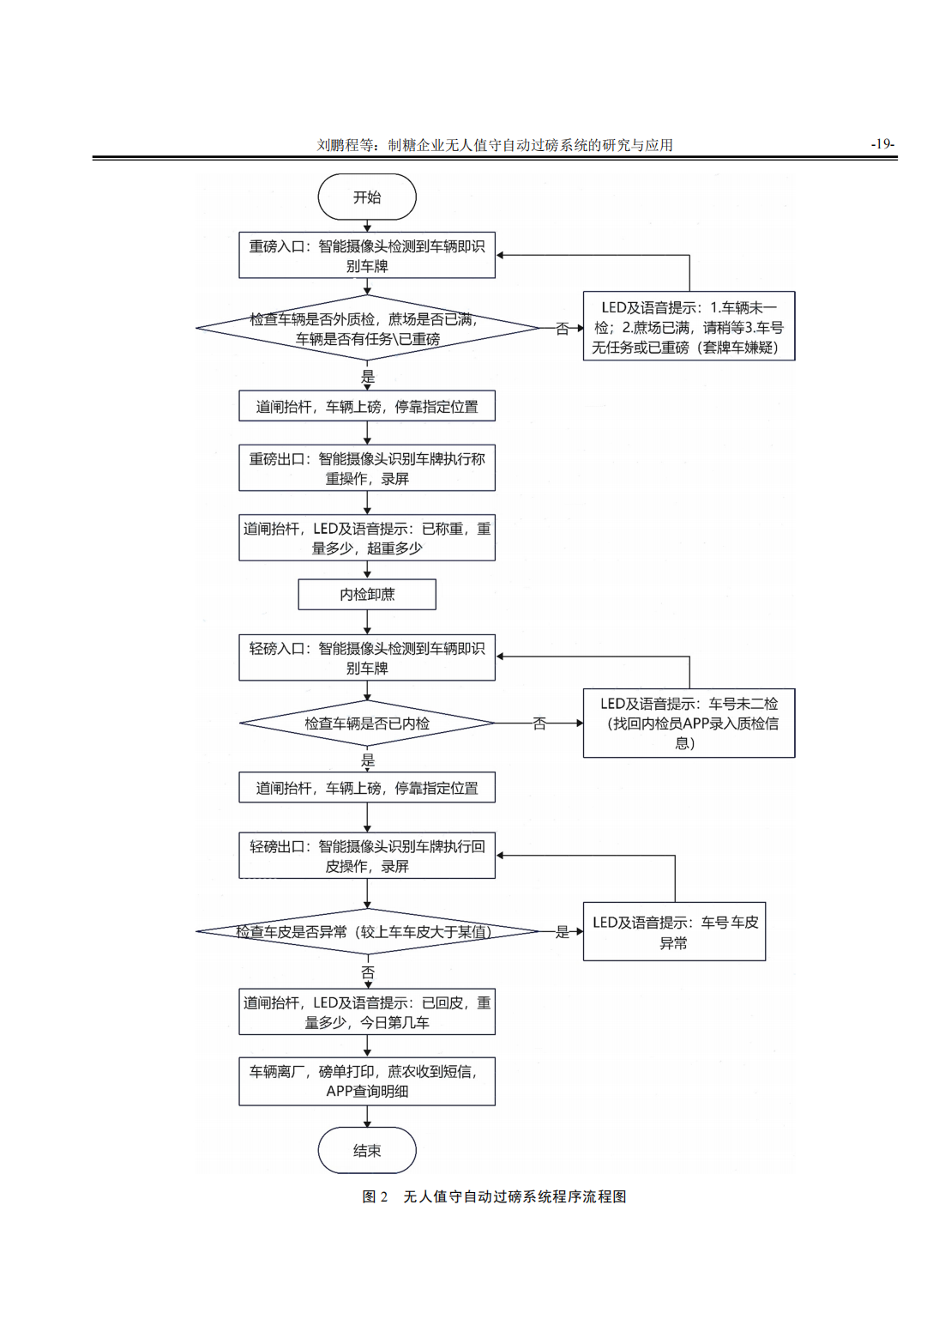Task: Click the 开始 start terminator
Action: tap(367, 197)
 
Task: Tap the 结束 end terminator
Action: tap(367, 1150)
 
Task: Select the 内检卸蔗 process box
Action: tap(367, 594)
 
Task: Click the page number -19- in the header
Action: tap(882, 144)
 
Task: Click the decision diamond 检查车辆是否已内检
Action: tap(367, 723)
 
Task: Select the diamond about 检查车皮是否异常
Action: tap(367, 932)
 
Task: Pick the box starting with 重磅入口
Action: tap(367, 256)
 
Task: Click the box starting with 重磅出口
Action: tap(367, 468)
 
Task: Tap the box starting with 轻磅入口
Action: tap(367, 657)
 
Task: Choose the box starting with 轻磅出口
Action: tap(367, 856)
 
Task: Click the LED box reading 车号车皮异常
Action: tap(674, 932)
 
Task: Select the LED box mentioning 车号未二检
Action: tap(689, 723)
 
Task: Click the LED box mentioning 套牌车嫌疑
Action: tap(689, 327)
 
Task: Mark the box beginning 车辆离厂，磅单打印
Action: tap(367, 1081)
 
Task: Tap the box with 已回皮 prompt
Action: tap(367, 1012)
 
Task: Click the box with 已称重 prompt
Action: tap(367, 538)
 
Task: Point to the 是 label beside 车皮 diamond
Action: tap(563, 932)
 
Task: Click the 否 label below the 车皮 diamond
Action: tap(368, 972)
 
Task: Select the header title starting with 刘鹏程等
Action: tap(495, 145)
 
